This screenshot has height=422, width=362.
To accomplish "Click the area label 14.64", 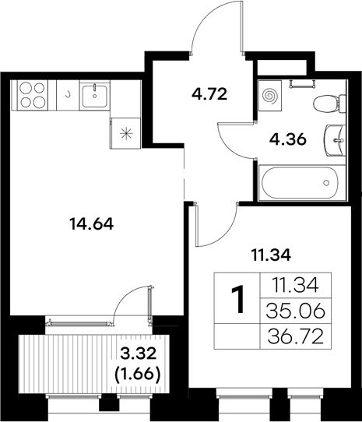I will [91, 225].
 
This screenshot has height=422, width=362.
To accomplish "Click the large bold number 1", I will [240, 298].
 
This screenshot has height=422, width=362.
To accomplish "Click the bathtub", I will [300, 183].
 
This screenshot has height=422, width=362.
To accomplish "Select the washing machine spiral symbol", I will [270, 94].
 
